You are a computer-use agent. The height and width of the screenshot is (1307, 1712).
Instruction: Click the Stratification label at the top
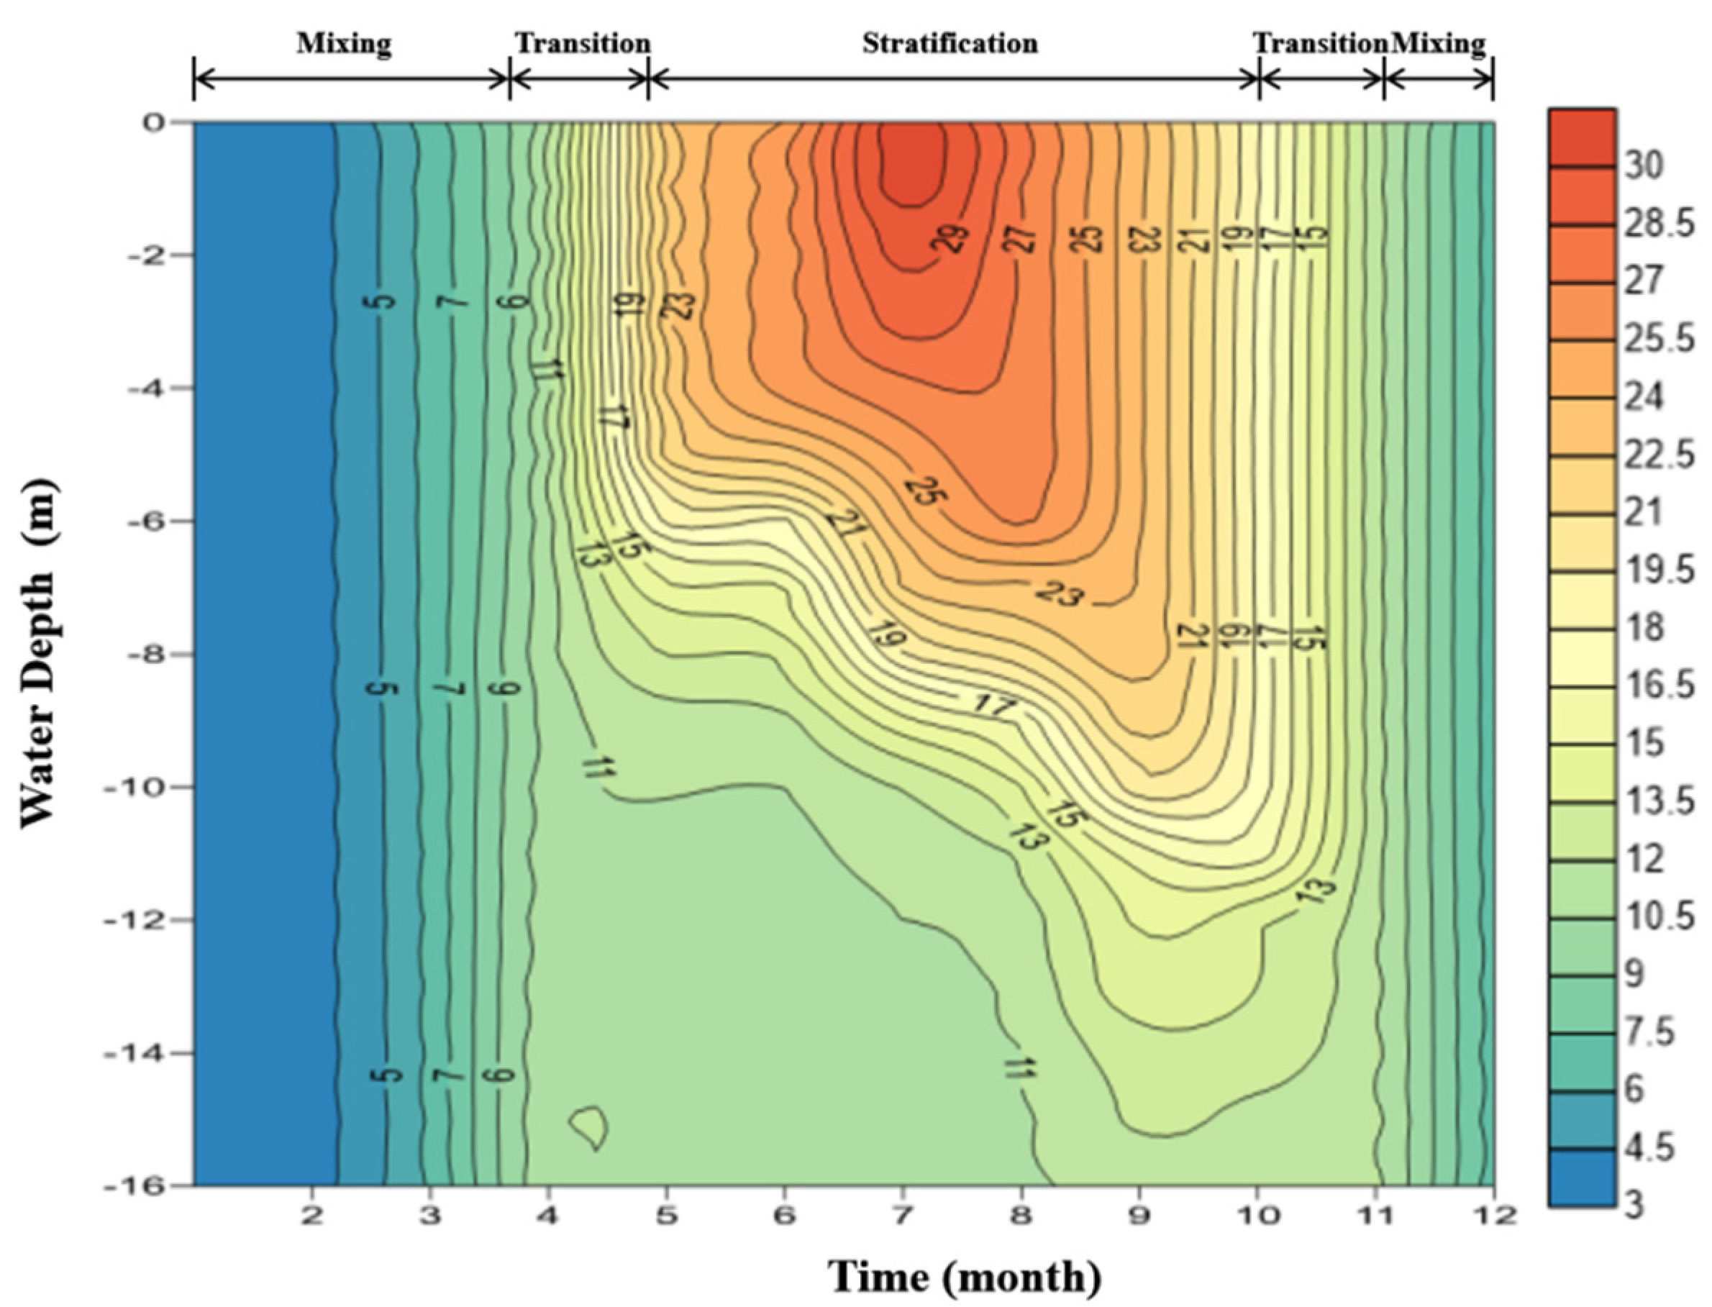pyautogui.click(x=949, y=44)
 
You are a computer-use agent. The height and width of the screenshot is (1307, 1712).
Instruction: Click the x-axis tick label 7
pyautogui.click(x=902, y=1214)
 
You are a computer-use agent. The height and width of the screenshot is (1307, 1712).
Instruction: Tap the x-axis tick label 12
pyautogui.click(x=1494, y=1214)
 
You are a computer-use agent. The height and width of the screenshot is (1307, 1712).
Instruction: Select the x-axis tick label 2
pyautogui.click(x=312, y=1214)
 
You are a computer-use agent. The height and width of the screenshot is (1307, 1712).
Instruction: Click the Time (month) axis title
pyautogui.click(x=965, y=1276)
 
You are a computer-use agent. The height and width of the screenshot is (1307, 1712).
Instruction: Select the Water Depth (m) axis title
pyautogui.click(x=37, y=653)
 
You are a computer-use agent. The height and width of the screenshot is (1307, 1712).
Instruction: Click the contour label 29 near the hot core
pyautogui.click(x=953, y=238)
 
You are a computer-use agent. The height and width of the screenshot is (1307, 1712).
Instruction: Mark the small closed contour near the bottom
pyautogui.click(x=589, y=1126)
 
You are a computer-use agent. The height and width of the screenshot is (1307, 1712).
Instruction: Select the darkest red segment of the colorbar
pyautogui.click(x=1581, y=137)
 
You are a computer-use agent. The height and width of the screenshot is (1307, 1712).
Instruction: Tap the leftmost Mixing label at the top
pyautogui.click(x=343, y=44)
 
